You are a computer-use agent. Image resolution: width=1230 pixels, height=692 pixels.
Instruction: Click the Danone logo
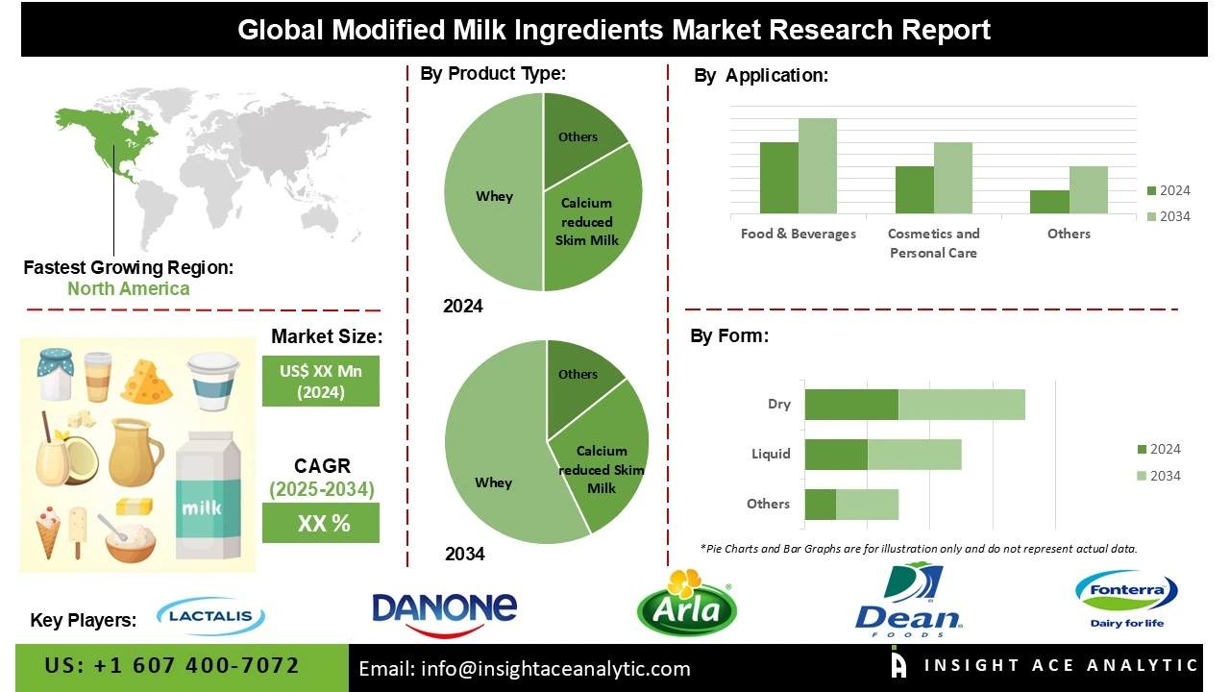coord(444,609)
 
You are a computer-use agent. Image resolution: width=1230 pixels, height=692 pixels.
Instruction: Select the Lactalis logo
coord(210,616)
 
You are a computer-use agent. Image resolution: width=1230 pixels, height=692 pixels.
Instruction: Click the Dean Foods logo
coord(907,600)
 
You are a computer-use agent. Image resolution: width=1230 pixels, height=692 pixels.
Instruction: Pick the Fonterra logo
coord(1126,597)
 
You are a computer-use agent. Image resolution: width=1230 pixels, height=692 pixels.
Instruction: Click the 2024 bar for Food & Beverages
coord(778,178)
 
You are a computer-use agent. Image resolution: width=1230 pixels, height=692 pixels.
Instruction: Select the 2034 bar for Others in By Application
coord(1088,189)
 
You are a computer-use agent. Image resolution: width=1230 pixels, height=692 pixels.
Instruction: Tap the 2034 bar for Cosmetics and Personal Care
coord(952,178)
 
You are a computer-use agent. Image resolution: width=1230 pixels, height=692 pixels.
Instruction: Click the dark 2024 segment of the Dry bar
coord(850,405)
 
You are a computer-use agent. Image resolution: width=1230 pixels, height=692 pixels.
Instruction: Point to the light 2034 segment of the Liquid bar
coord(914,455)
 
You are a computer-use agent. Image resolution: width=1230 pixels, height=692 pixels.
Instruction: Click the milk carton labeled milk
coord(201,499)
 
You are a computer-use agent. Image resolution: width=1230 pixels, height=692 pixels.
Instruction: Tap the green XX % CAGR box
coord(321,523)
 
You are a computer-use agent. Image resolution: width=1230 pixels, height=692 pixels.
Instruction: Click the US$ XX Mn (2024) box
coord(321,380)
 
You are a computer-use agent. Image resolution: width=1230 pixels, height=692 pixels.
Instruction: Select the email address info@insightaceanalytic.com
coord(524,669)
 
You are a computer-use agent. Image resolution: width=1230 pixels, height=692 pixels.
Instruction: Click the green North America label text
coord(128,288)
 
